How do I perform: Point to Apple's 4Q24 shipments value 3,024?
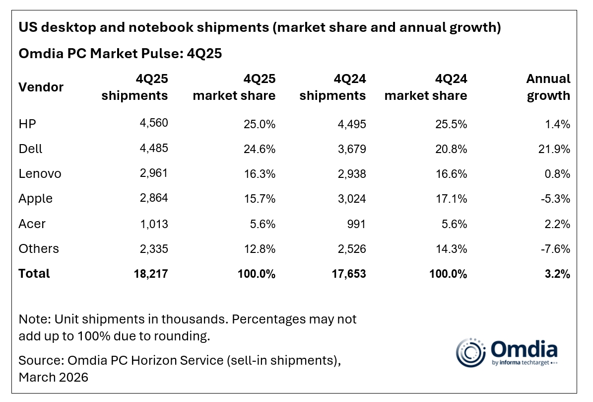point(350,199)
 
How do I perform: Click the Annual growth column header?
point(548,87)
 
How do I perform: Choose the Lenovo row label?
point(40,174)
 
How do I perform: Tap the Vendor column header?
point(41,87)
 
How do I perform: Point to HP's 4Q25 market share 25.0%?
point(259,124)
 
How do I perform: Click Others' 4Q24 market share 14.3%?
point(451,248)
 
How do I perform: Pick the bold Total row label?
point(34,273)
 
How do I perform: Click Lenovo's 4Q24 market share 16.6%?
point(451,174)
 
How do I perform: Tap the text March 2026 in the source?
point(53,377)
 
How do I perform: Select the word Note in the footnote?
point(31,319)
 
